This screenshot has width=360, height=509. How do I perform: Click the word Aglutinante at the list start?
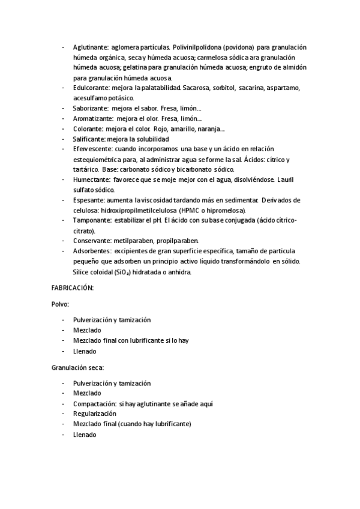click(x=91, y=47)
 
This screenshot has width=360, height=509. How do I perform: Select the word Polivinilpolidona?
click(x=200, y=47)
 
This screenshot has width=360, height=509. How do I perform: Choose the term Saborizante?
click(x=90, y=108)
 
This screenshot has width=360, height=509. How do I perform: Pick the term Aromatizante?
click(x=92, y=118)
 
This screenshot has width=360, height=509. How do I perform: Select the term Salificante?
click(x=89, y=139)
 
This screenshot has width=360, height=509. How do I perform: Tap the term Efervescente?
click(x=91, y=149)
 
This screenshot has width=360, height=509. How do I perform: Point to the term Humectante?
click(x=91, y=179)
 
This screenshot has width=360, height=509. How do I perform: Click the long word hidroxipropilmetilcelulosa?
click(x=139, y=210)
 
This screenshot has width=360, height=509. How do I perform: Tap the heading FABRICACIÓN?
click(x=73, y=288)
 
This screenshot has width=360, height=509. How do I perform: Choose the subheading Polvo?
click(x=61, y=304)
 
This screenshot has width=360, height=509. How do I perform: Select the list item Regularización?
click(x=94, y=414)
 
